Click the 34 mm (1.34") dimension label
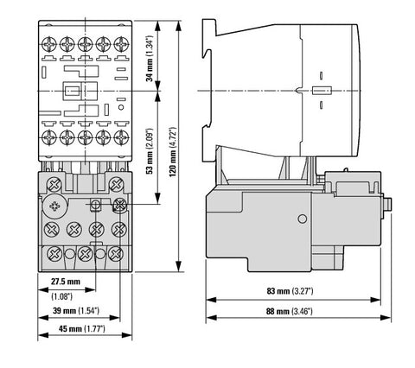(x=149, y=59)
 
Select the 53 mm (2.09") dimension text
(x=149, y=151)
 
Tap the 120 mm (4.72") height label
(x=172, y=152)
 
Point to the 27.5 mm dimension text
(x=66, y=282)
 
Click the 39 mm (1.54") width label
(x=76, y=311)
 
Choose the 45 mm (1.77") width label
(x=82, y=328)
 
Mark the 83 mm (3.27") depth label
(x=290, y=291)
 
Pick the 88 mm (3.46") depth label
(x=289, y=311)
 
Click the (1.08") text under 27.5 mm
(x=61, y=296)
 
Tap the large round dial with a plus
(x=54, y=206)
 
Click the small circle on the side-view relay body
(x=302, y=219)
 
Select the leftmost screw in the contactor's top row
(x=49, y=44)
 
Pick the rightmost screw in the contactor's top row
(x=121, y=44)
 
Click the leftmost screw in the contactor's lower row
(x=49, y=137)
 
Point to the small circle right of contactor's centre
(x=121, y=107)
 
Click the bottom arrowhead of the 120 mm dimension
(x=179, y=266)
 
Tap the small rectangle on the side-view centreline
(x=322, y=91)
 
